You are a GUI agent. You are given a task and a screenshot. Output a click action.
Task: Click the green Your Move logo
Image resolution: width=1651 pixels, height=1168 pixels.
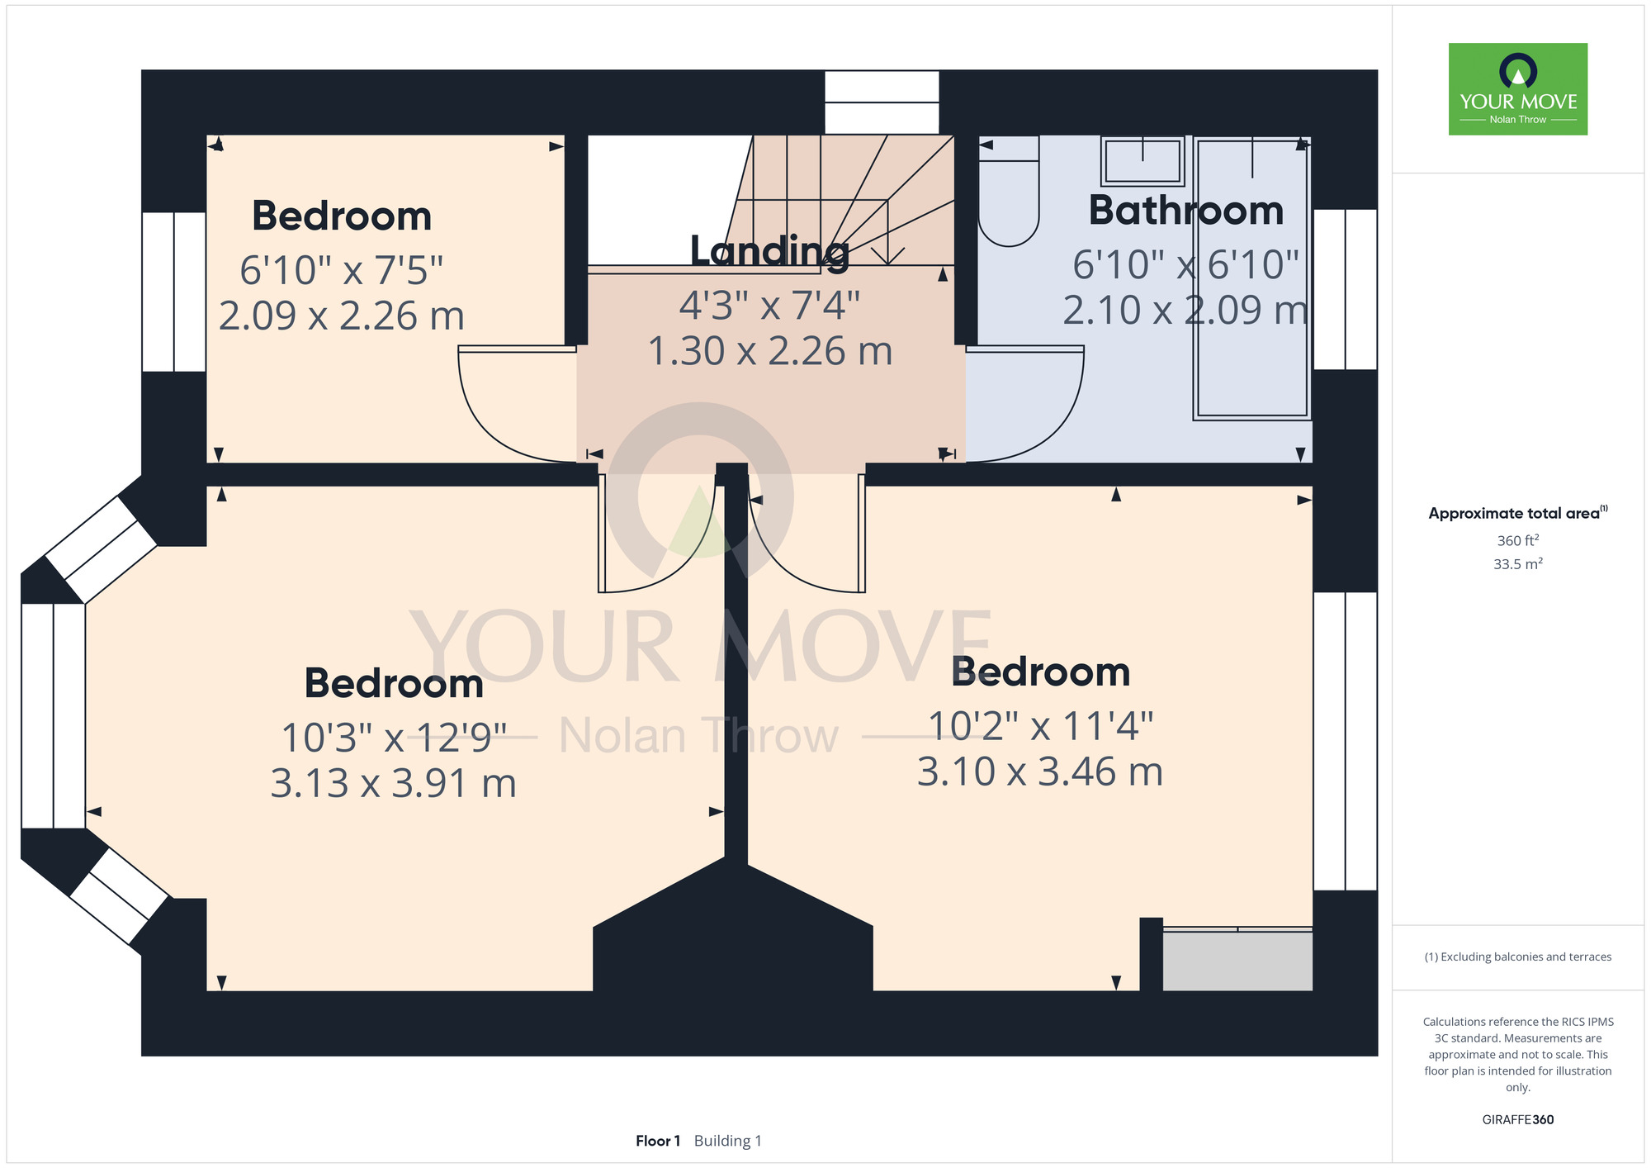[1517, 89]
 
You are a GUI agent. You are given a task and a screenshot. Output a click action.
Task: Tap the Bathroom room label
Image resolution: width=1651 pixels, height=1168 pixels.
[1186, 211]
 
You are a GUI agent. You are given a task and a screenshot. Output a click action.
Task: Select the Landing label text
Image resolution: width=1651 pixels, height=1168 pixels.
[769, 252]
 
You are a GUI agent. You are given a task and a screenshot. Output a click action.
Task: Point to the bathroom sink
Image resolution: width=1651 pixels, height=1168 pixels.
[1142, 161]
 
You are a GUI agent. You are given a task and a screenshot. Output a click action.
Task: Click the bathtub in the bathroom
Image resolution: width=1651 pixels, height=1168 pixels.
[1251, 278]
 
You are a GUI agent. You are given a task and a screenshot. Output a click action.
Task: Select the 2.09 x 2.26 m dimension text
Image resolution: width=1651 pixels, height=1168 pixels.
[342, 316]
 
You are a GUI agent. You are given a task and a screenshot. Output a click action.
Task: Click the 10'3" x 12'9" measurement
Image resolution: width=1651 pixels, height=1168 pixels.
[394, 737]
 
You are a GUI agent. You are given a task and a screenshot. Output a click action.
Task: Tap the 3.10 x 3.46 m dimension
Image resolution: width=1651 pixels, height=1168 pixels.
[1040, 772]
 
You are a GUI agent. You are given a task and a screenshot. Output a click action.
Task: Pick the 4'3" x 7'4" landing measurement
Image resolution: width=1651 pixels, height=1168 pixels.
[769, 306]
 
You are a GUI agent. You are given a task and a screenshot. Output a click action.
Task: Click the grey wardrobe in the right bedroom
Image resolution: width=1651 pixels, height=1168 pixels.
[1237, 961]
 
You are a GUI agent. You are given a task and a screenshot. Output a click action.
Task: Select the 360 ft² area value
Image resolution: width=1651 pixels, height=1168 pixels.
[1518, 540]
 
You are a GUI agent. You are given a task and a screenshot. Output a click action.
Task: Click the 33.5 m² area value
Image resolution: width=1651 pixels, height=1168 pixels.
[1518, 564]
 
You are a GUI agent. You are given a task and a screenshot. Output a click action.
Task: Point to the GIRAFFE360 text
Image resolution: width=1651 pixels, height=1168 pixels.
[1518, 1120]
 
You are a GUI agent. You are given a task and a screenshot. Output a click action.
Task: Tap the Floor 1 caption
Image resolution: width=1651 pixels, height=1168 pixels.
[658, 1141]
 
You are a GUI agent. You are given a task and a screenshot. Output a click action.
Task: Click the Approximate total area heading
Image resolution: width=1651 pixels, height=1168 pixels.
[1518, 513]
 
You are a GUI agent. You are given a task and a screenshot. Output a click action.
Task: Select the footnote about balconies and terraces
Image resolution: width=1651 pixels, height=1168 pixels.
[1518, 957]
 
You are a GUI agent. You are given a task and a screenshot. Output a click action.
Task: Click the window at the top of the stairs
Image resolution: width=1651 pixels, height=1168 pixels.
[882, 102]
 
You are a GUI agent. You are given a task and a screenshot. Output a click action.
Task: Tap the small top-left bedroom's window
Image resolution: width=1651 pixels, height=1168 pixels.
[173, 292]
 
